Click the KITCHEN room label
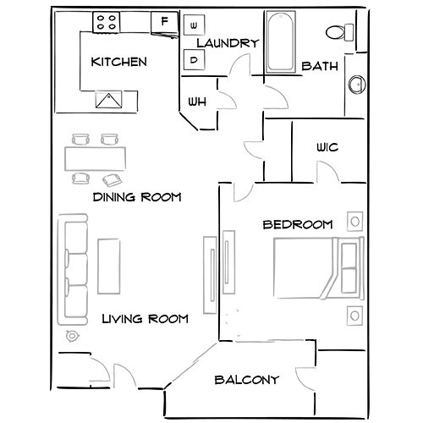tap(119, 62)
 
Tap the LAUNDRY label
tap(226, 42)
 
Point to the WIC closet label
tap(327, 146)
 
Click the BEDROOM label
tap(297, 224)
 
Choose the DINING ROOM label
tap(138, 197)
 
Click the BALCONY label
tap(246, 380)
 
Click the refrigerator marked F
tap(164, 19)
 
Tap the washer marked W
tap(194, 24)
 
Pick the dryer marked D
tap(194, 60)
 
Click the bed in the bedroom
tap(317, 267)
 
